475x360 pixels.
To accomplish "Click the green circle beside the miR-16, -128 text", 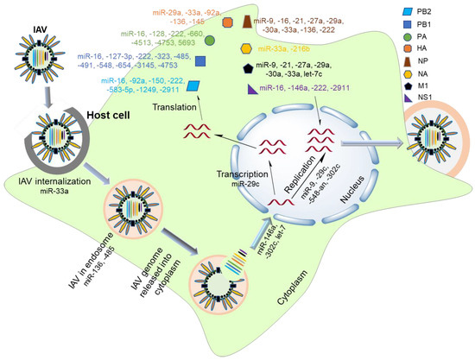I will tap(210, 41).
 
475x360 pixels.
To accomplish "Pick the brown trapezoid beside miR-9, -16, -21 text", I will tap(246, 20).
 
